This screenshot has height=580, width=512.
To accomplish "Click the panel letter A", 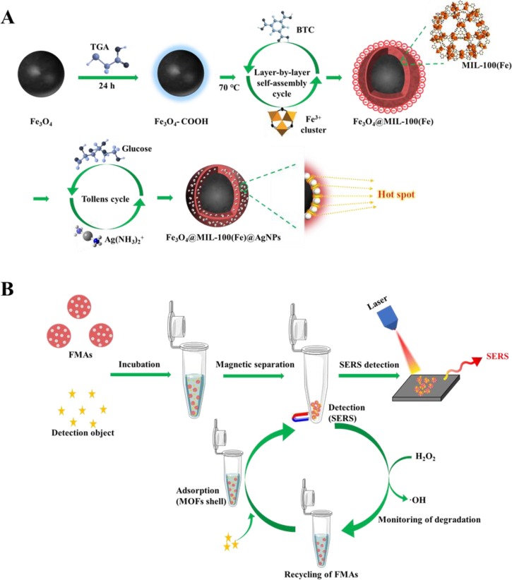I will click(9, 16).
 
